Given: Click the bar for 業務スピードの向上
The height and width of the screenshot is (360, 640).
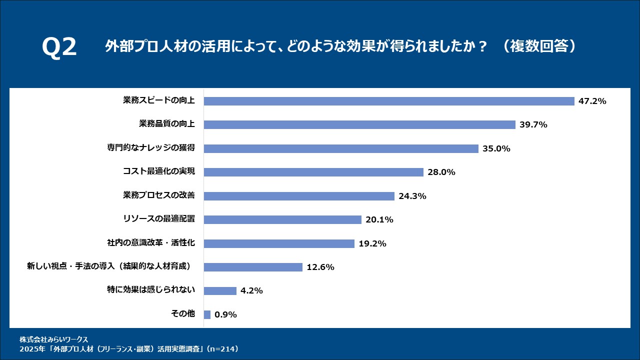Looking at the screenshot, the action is tap(389, 101).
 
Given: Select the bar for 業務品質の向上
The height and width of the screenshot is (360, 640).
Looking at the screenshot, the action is tap(359, 124).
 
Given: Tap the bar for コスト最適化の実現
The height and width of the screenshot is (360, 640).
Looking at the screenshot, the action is tap(313, 172).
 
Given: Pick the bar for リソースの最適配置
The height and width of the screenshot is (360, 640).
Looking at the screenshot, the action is tap(282, 219).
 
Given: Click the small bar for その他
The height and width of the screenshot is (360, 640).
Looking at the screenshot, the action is tap(207, 314).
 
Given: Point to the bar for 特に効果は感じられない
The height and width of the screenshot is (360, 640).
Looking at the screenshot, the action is tap(220, 291).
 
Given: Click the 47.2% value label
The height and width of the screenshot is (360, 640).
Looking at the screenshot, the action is tap(592, 101).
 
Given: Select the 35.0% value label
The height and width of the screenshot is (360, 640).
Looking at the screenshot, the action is tap(496, 148).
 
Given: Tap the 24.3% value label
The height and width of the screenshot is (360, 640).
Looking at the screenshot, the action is tap(412, 196).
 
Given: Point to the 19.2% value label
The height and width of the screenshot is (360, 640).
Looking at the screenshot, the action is tap(372, 243).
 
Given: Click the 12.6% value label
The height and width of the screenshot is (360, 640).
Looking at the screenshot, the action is tap(320, 267).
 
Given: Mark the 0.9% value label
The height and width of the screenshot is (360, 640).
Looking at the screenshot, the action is tap(225, 314).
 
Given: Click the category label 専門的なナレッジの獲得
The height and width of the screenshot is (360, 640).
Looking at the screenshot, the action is tap(151, 147).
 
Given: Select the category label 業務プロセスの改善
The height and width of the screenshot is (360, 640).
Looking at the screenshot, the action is tap(159, 195).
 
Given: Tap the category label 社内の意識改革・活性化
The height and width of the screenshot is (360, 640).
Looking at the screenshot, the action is tap(151, 242).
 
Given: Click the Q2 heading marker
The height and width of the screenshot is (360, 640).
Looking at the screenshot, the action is tap(59, 47).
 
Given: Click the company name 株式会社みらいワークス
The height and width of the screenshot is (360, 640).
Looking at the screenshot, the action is tap(53, 339).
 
